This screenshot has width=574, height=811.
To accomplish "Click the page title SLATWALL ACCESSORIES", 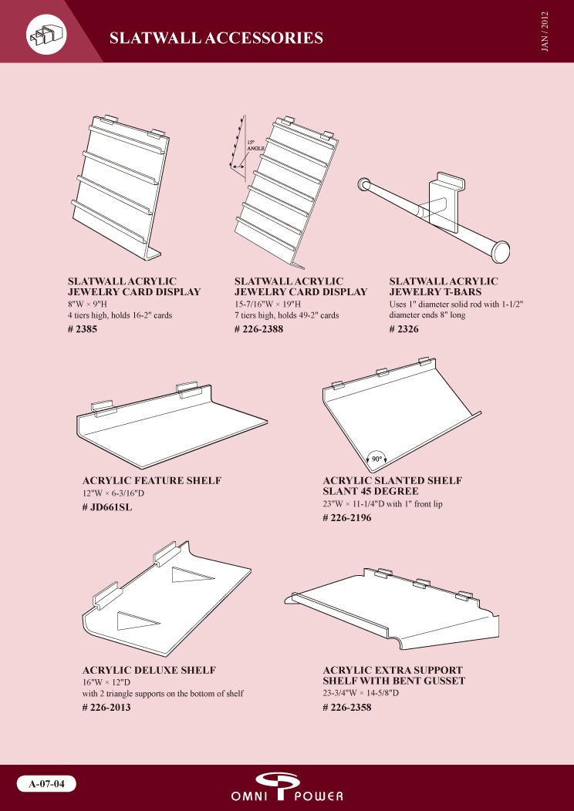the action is coord(216,38).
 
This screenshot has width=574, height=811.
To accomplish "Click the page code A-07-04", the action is coord(46,783).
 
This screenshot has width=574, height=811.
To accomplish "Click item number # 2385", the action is coord(83,329).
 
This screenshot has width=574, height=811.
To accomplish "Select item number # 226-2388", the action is coord(258,329).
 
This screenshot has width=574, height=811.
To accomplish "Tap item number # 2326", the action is coord(403,329).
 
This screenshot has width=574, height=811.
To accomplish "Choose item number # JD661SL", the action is coord(107,507).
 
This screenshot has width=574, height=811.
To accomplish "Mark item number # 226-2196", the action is coord(347,518).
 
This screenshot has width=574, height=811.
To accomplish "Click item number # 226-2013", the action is coord(106,707).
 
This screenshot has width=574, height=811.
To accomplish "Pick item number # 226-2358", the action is coord(347,707).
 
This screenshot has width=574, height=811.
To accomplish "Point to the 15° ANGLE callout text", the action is coord(252,146).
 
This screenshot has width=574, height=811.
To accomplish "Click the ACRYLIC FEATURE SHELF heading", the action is coord(152,480).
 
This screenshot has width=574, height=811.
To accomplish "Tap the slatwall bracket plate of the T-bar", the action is coord(447,202).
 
